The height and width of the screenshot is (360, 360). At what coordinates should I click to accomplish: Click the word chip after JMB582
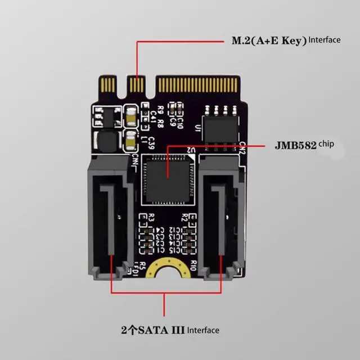click(326, 144)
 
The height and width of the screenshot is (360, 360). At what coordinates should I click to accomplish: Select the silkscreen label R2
click(185, 218)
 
